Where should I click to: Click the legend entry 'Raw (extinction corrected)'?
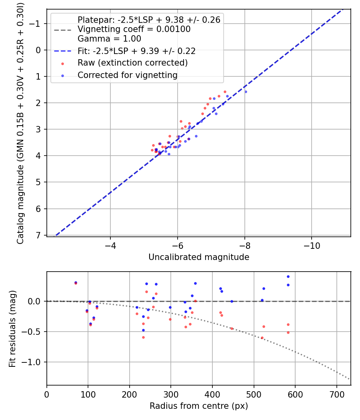(x=132, y=63)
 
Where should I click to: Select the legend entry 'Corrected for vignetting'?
(x=127, y=75)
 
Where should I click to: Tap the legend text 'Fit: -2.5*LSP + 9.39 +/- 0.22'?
(x=136, y=51)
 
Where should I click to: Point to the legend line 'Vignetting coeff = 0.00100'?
(x=134, y=29)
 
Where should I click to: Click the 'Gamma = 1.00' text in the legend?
(x=109, y=39)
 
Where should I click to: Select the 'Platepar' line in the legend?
(x=149, y=20)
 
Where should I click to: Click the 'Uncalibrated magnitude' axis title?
(x=199, y=257)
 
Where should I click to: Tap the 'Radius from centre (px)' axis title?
(x=199, y=406)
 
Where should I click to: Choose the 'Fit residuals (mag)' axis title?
(x=12, y=328)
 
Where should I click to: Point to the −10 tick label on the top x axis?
(x=312, y=245)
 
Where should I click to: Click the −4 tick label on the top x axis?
(x=110, y=245)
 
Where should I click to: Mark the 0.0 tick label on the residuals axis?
(x=35, y=301)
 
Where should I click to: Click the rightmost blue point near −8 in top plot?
(x=246, y=92)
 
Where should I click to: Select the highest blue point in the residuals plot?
(x=288, y=276)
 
